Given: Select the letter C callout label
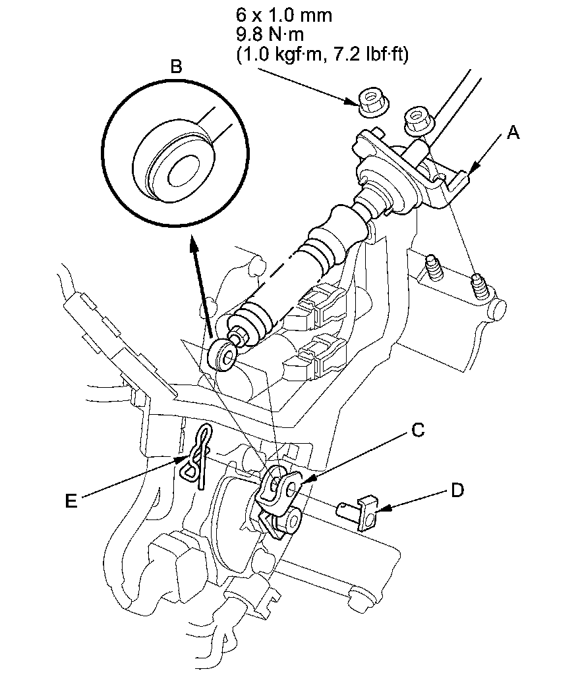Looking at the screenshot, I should click(417, 429).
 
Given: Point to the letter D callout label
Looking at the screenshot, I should click(457, 489).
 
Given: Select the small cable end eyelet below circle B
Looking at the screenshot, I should click(221, 354).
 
